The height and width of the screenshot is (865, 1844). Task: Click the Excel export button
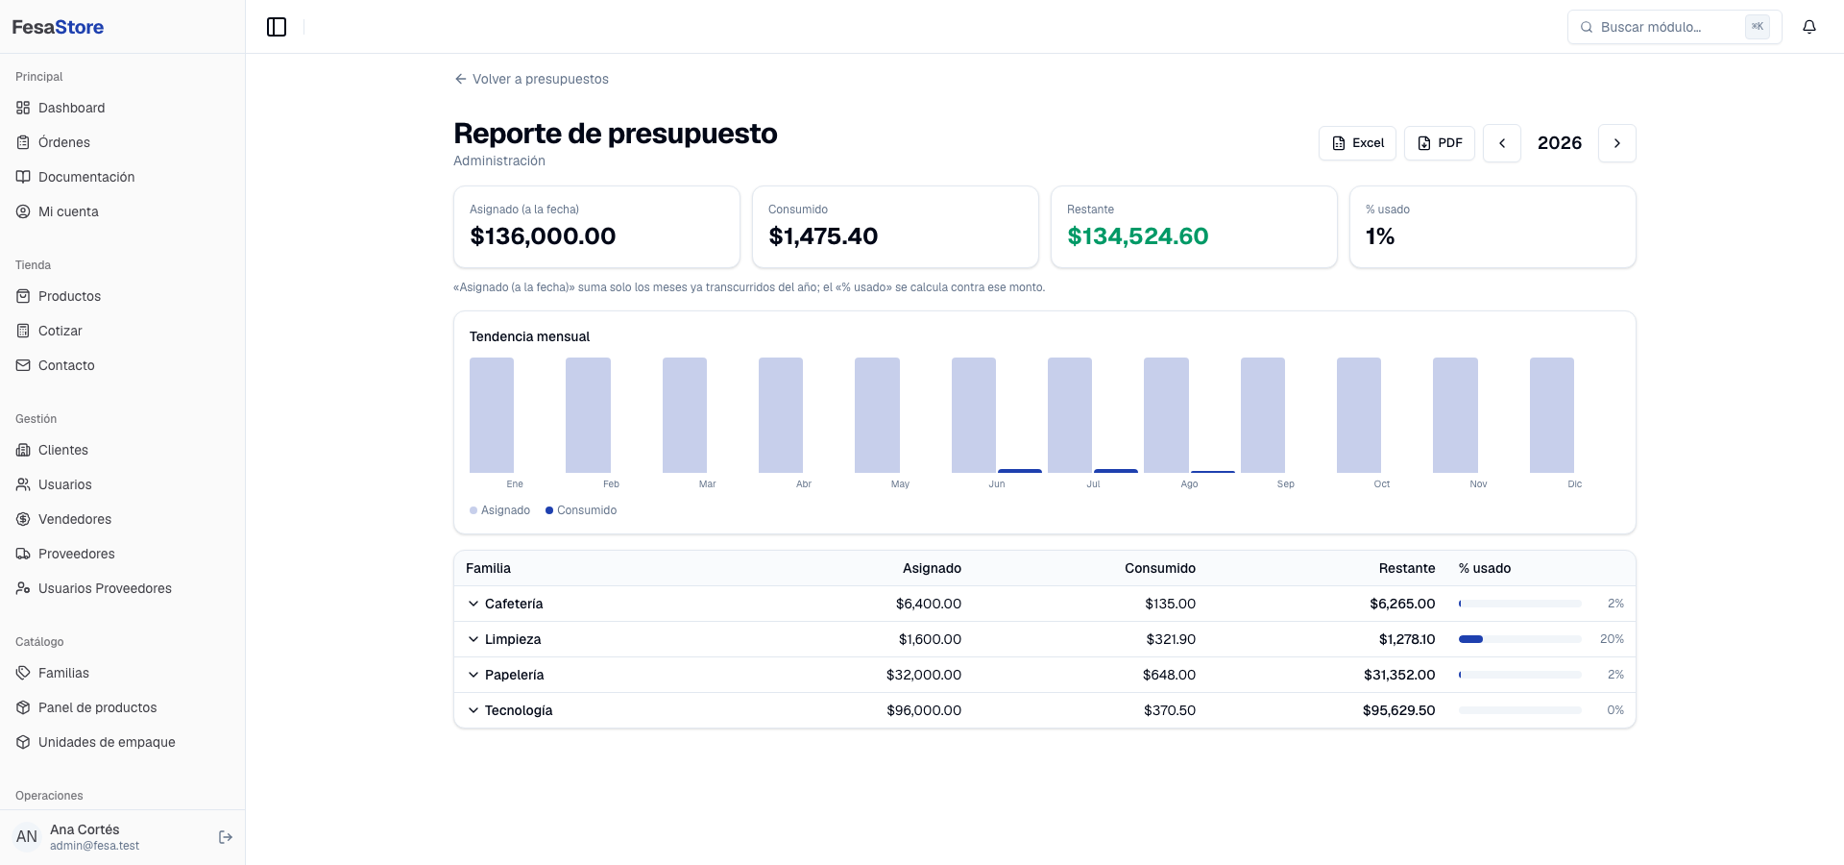point(1357,143)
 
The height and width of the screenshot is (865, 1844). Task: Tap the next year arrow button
point(1617,143)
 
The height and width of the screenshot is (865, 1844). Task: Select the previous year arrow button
point(1502,143)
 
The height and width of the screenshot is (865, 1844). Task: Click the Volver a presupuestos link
point(531,79)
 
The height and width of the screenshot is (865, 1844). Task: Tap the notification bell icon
point(1809,27)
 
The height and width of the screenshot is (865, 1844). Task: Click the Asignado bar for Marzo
point(685,415)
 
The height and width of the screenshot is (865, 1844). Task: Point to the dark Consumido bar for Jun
point(1020,471)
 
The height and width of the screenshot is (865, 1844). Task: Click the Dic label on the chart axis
point(1574,484)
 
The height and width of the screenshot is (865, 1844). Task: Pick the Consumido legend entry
point(581,510)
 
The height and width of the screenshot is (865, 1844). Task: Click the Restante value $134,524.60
point(1138,236)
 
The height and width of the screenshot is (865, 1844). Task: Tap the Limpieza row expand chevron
point(473,639)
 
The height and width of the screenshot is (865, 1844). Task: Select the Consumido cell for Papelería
point(1169,675)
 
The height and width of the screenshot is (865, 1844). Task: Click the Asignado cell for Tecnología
point(924,710)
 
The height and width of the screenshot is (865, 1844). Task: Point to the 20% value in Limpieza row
point(1612,639)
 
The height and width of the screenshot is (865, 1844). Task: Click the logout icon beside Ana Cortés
point(226,837)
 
